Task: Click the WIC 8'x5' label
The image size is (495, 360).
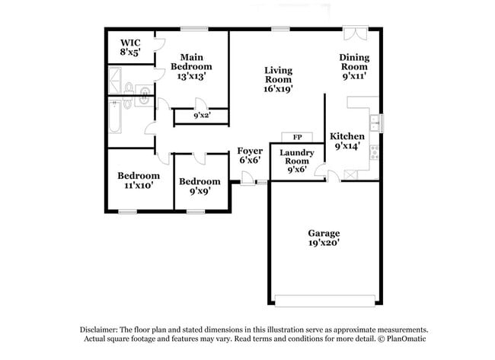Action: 130,47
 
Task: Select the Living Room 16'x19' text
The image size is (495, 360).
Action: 278,79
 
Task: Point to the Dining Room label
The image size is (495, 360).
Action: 354,66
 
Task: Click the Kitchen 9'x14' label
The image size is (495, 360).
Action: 346,142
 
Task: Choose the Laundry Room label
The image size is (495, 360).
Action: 295,161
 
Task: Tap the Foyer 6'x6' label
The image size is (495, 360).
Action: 250,155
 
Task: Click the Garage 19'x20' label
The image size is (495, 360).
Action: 324,238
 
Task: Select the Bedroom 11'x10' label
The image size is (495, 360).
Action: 138,180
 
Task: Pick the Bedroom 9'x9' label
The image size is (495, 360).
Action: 200,186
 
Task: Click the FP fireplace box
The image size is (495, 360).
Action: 297,136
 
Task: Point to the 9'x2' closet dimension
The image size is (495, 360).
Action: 201,116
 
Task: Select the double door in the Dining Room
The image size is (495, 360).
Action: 353,33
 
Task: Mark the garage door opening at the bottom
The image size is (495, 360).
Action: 324,299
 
